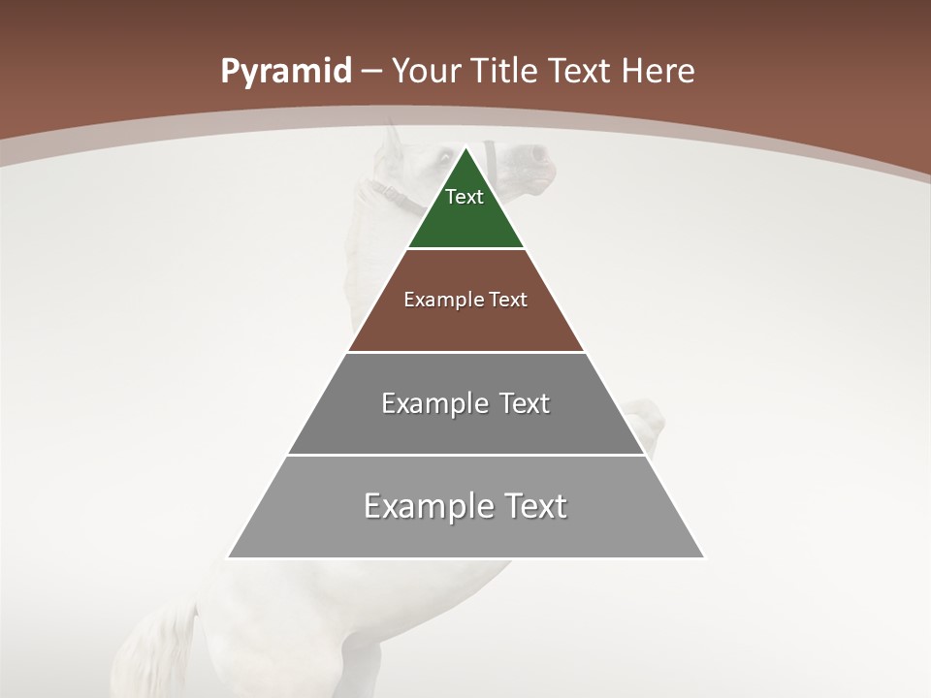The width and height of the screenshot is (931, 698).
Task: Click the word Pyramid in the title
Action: point(285,72)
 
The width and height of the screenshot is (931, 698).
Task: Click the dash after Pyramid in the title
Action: point(371,72)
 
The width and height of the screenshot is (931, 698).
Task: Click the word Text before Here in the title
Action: point(581,72)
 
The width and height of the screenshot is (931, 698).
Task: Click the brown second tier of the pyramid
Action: point(465,325)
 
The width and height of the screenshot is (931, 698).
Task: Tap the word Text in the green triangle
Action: point(465,197)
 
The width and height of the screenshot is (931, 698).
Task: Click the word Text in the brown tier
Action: point(508,300)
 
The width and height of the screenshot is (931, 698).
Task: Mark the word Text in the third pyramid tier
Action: point(525,403)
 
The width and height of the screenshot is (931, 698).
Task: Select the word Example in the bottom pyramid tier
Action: point(428,506)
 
